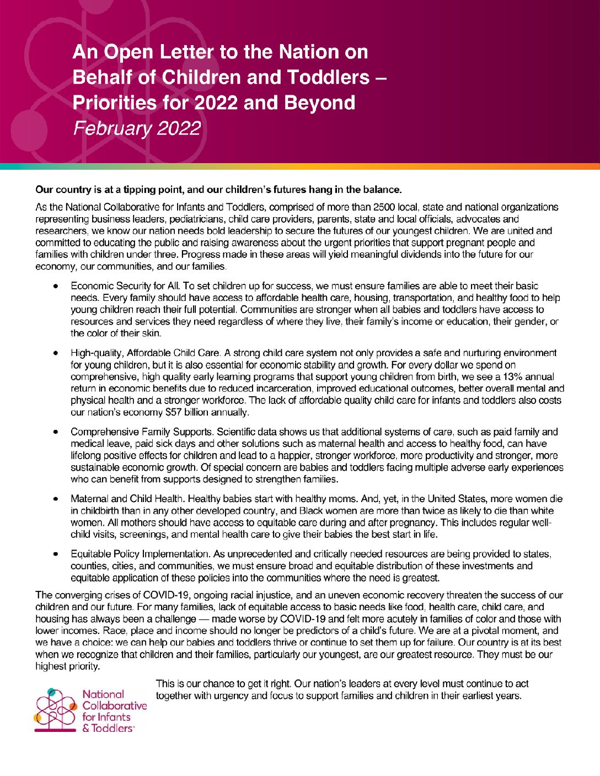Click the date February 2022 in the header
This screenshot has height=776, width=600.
coord(137,128)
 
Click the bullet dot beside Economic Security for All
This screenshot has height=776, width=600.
coord(56,286)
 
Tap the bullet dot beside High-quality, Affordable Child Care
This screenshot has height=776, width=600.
coord(56,353)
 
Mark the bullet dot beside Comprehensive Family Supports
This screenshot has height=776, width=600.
coord(56,432)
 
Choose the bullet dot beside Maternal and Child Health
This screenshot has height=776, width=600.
coord(56,499)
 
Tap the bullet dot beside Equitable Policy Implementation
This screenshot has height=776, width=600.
coord(56,554)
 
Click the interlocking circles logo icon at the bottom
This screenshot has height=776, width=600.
coord(55,710)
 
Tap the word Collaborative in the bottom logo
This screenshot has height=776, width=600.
coord(115,705)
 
